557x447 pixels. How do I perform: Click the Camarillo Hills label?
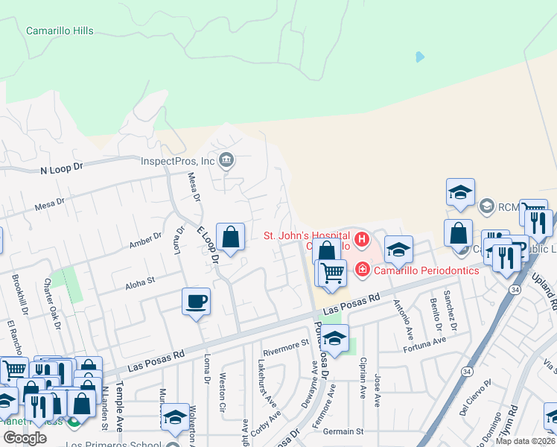pos(60,31)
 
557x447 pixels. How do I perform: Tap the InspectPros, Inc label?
pos(178,160)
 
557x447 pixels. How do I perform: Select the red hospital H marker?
pos(362,240)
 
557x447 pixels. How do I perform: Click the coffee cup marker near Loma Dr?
pos(196,302)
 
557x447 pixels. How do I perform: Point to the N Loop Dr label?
pos(61,170)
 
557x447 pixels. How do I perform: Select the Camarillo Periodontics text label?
pos(427,270)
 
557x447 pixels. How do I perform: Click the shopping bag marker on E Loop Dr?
pos(231,238)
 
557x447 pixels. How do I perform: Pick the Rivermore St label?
pos(286,344)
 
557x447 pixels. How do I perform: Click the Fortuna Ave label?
pos(424,344)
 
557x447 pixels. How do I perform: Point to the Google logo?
pos(25,438)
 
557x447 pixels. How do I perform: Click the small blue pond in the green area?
pos(420,57)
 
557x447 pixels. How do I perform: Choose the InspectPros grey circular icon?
pos(227,159)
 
